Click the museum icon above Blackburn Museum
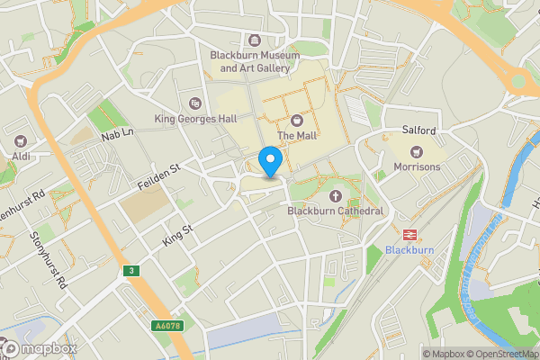(253, 39)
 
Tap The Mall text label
(297, 136)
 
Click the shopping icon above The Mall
(297, 120)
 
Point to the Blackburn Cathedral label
(336, 211)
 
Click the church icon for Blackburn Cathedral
(337, 195)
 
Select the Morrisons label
(418, 167)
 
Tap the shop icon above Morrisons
(417, 150)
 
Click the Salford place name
(418, 130)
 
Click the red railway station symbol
(409, 233)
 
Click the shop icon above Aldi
(20, 140)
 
